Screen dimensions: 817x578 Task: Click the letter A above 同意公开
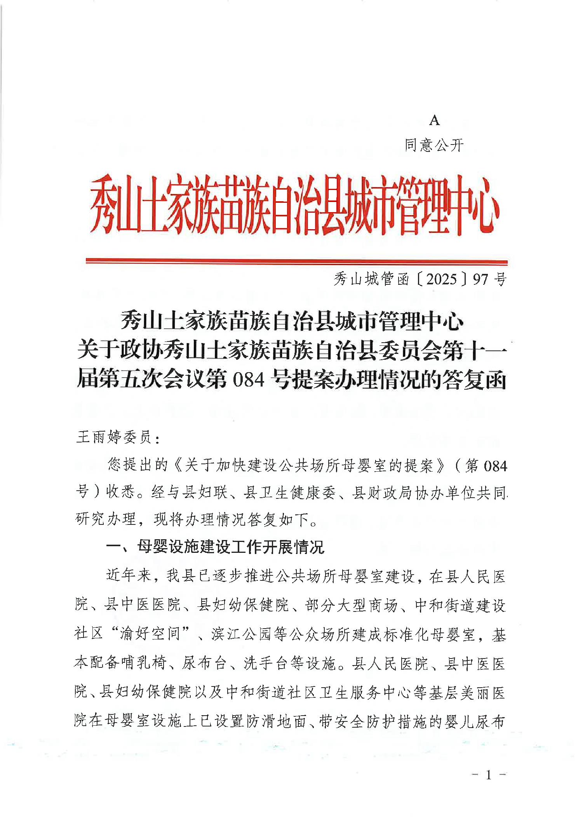click(x=434, y=121)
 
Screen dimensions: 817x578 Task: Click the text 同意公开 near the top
click(x=434, y=145)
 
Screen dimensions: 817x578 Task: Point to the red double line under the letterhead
click(x=296, y=262)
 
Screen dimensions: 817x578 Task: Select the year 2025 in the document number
click(x=441, y=279)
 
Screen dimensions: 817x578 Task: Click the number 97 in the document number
click(x=480, y=279)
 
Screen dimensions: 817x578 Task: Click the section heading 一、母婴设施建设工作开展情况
click(x=215, y=547)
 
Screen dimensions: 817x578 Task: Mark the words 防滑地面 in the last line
click(x=276, y=721)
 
